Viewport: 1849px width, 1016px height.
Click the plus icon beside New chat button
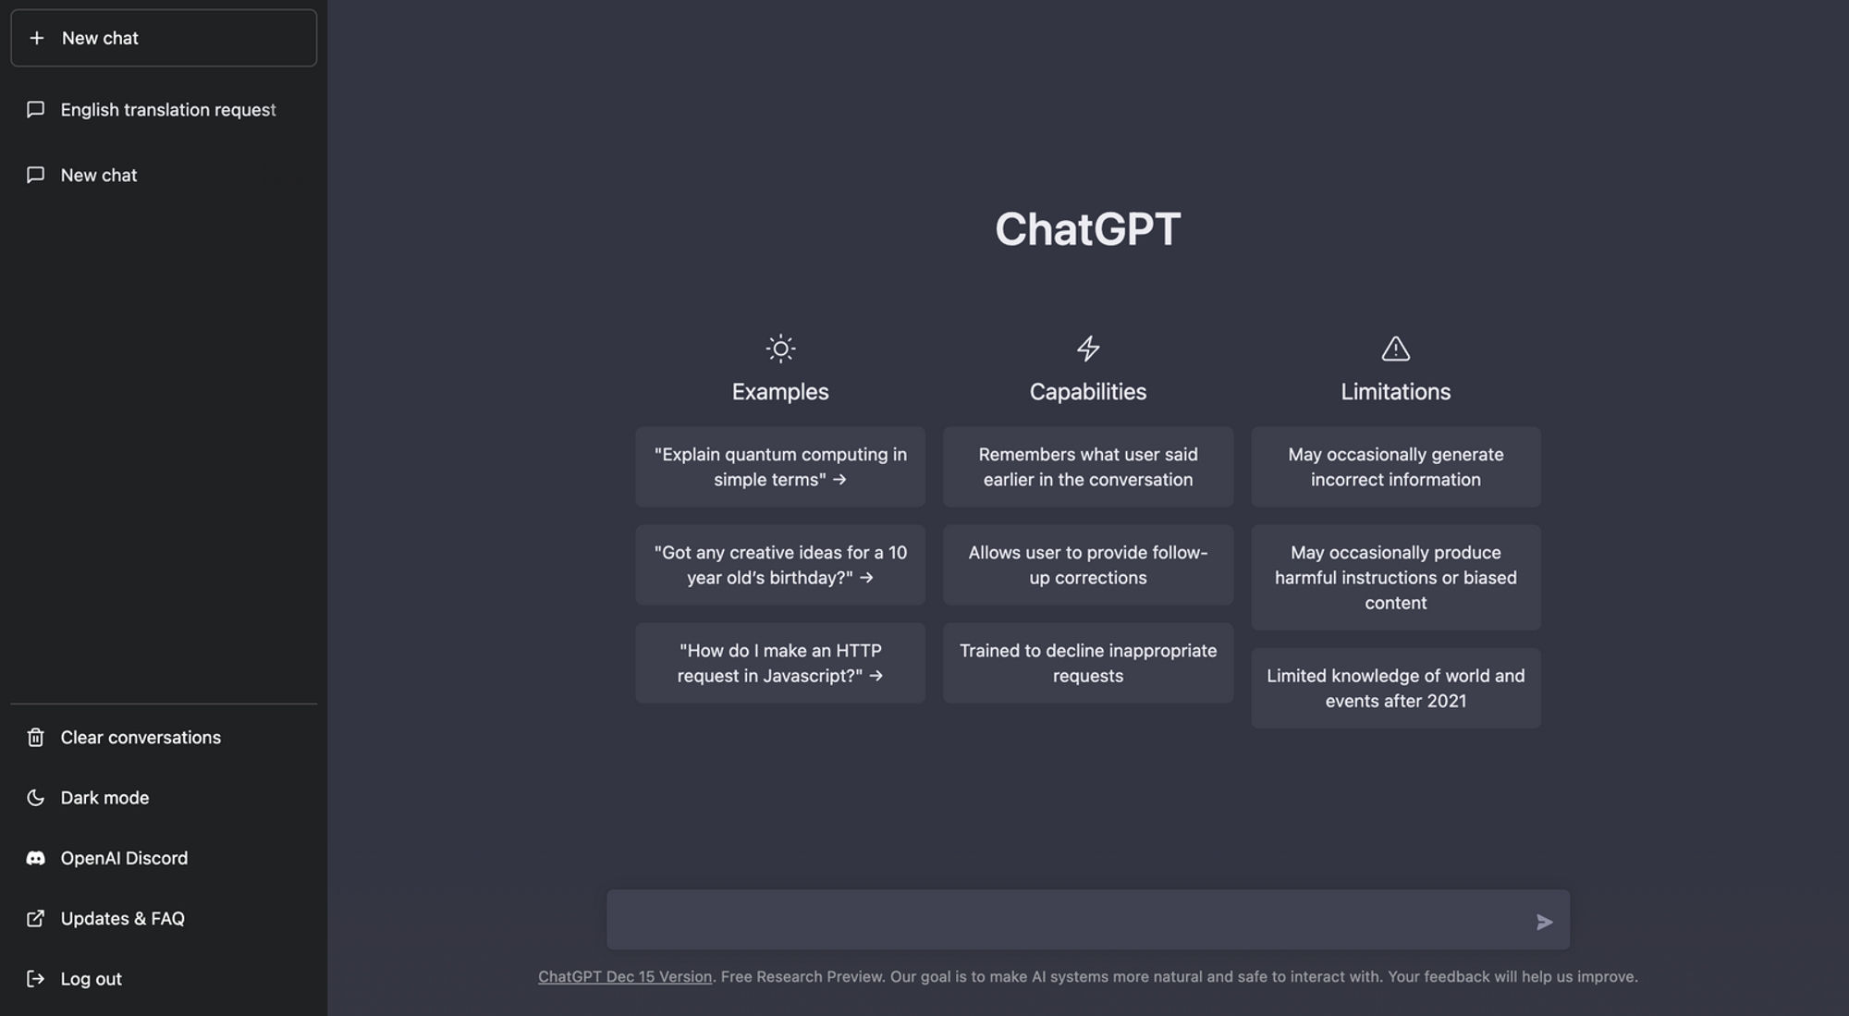[37, 38]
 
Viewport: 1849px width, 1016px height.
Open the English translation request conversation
[167, 110]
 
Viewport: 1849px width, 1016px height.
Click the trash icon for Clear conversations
[36, 737]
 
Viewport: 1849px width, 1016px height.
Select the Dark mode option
[104, 798]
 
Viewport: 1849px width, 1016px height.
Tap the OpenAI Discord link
[124, 858]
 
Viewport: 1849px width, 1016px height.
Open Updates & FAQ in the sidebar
[122, 918]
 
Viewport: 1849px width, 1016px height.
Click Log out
[91, 978]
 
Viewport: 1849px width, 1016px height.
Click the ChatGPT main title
[1087, 228]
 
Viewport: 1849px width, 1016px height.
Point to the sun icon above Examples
[780, 349]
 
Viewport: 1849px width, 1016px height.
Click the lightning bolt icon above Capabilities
[1088, 349]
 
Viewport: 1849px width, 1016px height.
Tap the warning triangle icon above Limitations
[1395, 349]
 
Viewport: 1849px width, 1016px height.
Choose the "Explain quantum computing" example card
[780, 467]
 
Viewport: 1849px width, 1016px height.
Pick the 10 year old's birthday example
[780, 565]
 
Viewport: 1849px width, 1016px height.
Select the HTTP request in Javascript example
[780, 663]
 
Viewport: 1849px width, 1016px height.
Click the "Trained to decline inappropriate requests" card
[1088, 663]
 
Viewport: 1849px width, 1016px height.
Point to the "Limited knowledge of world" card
[1395, 688]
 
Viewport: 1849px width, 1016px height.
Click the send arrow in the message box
[1544, 922]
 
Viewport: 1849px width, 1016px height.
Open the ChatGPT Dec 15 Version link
[625, 976]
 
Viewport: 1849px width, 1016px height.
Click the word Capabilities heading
[1088, 392]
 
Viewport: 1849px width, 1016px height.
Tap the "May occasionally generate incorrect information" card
[1395, 467]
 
